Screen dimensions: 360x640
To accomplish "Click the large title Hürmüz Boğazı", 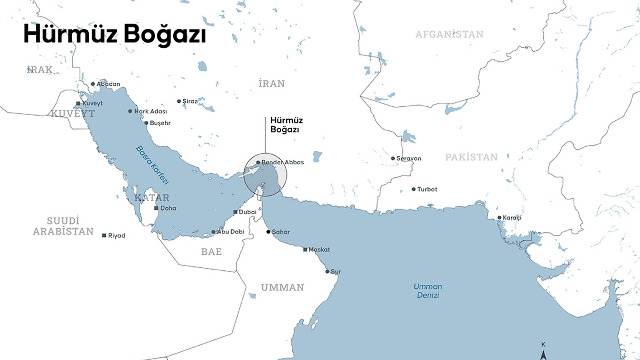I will pos(114,34).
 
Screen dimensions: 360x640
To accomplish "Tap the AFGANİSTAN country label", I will pos(449,34).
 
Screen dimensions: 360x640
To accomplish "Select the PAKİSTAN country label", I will pos(471,157).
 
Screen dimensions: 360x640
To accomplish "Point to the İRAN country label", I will pos(272,84).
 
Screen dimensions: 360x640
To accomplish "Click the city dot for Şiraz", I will pos(179,101).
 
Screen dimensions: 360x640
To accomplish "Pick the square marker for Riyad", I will pos(104,236).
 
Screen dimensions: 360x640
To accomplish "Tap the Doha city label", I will pos(168,208).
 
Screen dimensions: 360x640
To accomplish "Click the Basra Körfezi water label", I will pos(152,165).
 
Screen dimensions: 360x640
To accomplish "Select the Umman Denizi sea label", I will pos(428,291).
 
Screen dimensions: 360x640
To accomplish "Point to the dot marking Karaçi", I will pos(499,218).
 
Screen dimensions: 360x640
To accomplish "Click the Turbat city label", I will pos(427,189).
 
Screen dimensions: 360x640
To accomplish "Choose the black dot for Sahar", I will pos(268,232).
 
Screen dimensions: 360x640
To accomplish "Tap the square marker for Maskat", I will pos(305,250).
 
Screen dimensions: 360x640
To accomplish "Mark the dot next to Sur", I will pos(327,272).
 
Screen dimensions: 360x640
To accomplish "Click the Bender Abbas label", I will pos(282,162).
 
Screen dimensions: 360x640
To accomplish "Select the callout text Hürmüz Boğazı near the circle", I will pos(286,124).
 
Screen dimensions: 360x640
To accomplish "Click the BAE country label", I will pos(211,252).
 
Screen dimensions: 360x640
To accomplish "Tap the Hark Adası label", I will pos(150,111).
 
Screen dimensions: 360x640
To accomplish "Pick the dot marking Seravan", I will pos(393,158).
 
